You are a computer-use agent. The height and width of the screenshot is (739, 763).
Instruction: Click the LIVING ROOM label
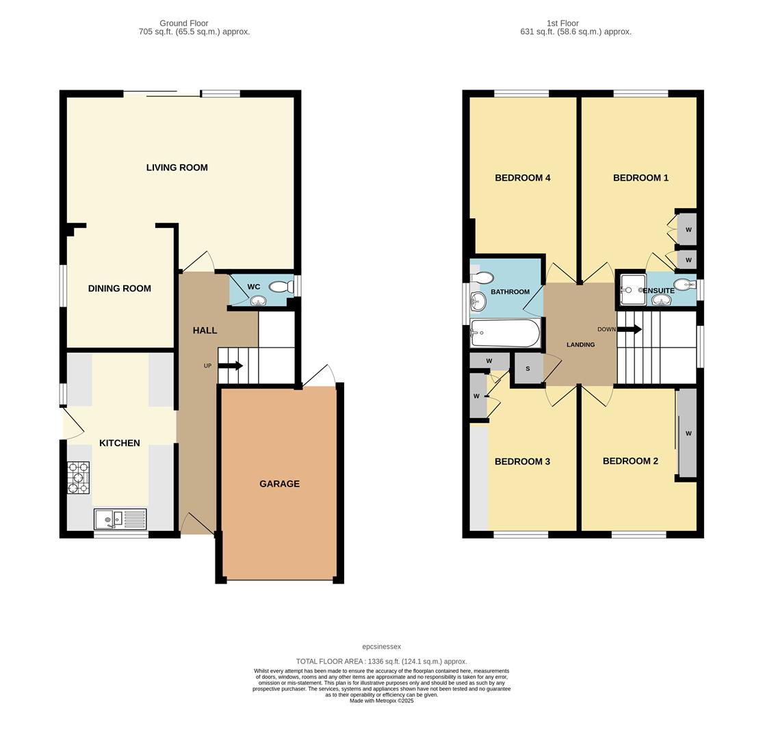(177, 168)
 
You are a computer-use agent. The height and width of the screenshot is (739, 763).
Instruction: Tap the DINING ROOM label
(119, 289)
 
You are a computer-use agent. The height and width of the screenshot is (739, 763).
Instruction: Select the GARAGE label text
(279, 484)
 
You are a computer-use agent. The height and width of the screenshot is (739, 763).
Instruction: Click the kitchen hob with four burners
(78, 478)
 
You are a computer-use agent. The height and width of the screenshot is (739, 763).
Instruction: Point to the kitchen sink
(120, 519)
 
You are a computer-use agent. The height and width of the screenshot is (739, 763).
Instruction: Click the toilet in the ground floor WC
(281, 287)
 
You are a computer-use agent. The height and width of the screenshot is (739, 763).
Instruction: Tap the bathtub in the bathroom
(505, 333)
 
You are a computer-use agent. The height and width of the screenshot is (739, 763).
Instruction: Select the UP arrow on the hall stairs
(231, 365)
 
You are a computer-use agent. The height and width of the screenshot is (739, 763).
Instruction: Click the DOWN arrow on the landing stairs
(630, 329)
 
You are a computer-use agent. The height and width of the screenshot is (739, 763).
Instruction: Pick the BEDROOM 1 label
(641, 178)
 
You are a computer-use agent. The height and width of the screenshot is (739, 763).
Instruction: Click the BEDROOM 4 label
(522, 178)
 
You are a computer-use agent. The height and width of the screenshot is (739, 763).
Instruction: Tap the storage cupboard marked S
(528, 369)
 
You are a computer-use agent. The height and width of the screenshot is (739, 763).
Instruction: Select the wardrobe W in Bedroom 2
(688, 433)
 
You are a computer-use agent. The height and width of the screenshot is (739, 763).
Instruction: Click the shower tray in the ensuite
(632, 289)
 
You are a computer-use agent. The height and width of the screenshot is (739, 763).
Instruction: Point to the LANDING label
(580, 345)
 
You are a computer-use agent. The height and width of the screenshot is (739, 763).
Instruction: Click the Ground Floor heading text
(183, 23)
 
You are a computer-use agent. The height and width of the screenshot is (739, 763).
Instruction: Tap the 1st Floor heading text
(562, 23)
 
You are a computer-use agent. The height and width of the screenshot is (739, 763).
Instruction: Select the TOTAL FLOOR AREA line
(381, 662)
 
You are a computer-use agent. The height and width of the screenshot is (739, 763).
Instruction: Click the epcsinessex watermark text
(381, 647)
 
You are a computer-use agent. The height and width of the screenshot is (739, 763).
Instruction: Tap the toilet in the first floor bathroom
(484, 278)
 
